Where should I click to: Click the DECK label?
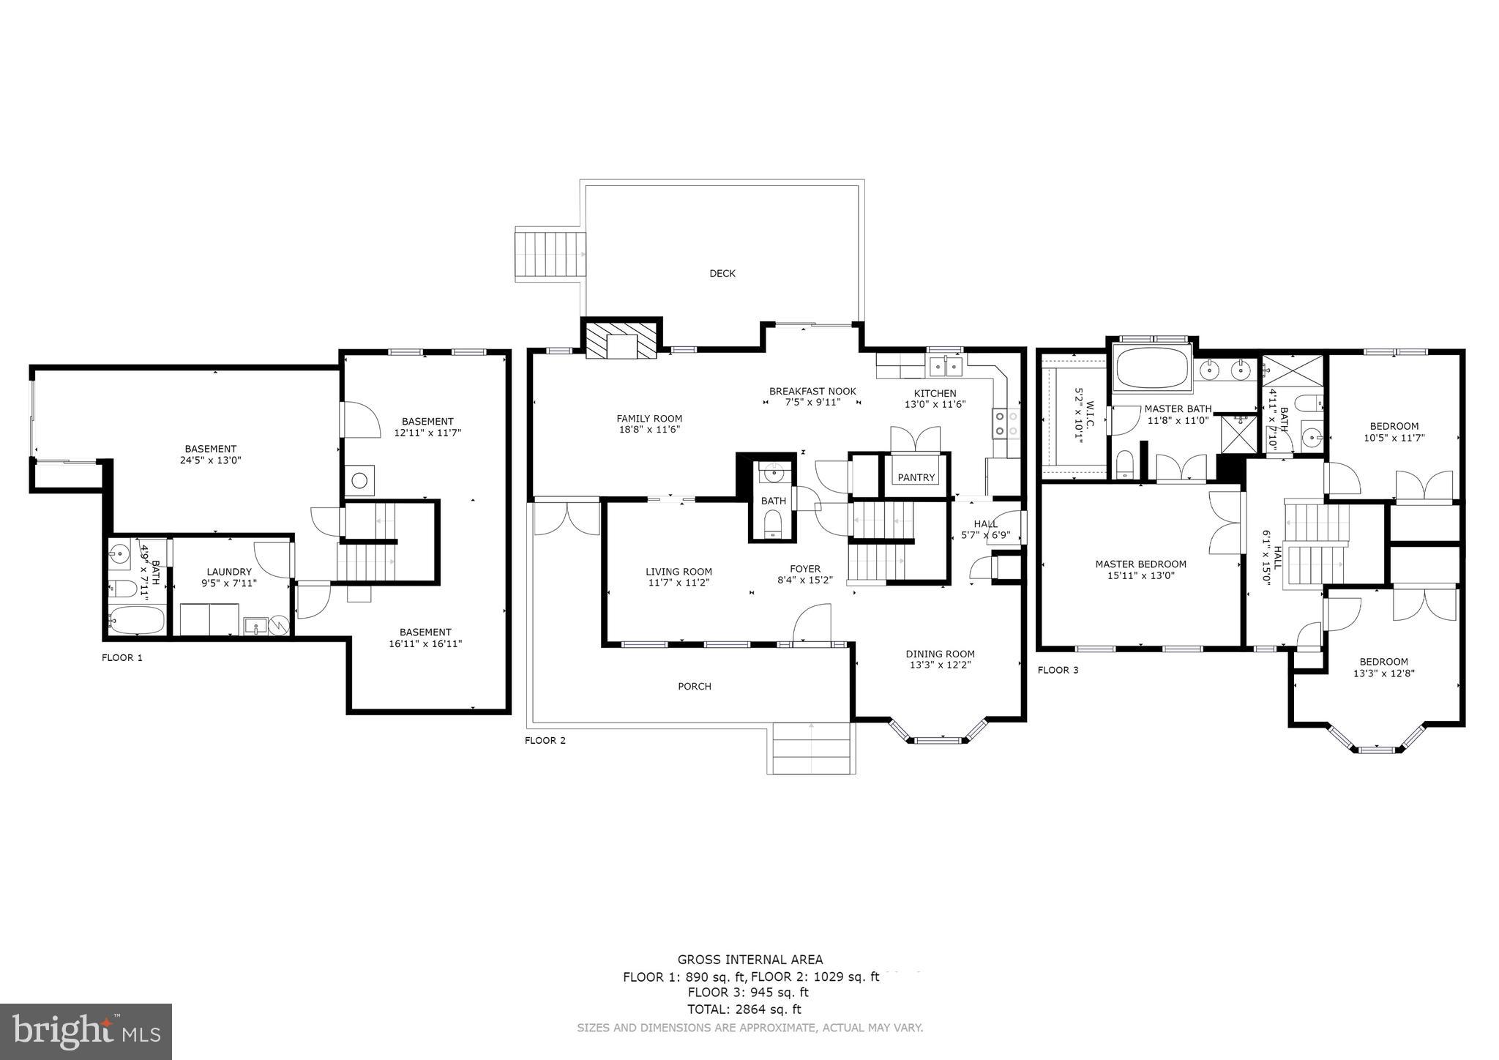pyautogui.click(x=722, y=274)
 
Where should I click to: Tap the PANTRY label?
pyautogui.click(x=916, y=477)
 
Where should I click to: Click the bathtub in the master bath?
pyautogui.click(x=1151, y=367)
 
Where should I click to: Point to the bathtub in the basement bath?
pyautogui.click(x=137, y=621)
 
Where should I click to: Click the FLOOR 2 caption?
pyautogui.click(x=545, y=740)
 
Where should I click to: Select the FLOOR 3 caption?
pyautogui.click(x=1058, y=670)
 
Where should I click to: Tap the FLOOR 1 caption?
pyautogui.click(x=122, y=657)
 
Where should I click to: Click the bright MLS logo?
pyautogui.click(x=86, y=1031)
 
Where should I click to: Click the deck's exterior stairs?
pyautogui.click(x=551, y=253)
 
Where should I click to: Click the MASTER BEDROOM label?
pyautogui.click(x=1140, y=564)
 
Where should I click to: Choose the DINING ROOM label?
pyautogui.click(x=940, y=654)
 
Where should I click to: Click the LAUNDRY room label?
pyautogui.click(x=229, y=572)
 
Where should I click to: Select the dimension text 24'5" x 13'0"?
pyautogui.click(x=211, y=460)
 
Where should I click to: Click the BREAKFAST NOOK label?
pyautogui.click(x=812, y=392)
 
